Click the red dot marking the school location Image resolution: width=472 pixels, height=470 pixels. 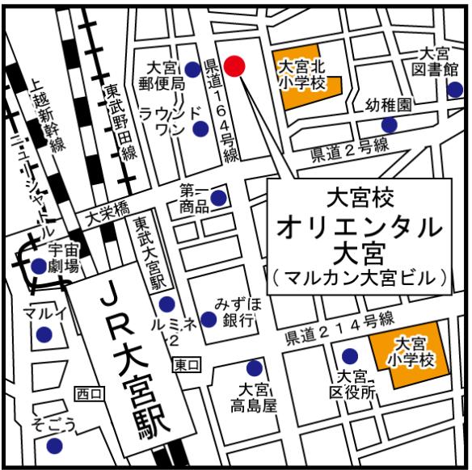(x=234, y=66)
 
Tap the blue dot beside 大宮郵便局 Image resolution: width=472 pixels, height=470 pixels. (x=192, y=69)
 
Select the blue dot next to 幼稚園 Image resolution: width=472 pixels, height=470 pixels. (x=390, y=124)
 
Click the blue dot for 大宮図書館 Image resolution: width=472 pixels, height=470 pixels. (x=452, y=90)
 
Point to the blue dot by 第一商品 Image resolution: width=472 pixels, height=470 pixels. (x=218, y=198)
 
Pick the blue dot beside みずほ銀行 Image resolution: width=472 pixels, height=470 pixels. (x=209, y=319)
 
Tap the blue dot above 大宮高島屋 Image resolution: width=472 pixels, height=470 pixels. (x=255, y=366)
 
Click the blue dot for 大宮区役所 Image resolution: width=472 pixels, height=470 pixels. (x=350, y=356)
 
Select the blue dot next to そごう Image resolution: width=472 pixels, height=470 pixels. (x=54, y=445)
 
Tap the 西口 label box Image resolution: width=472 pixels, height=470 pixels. (x=89, y=393)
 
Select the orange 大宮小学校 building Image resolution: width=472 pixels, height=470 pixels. (x=409, y=350)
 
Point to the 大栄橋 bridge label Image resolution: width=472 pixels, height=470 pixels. (x=103, y=215)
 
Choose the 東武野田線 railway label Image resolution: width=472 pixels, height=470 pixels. (x=115, y=121)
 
